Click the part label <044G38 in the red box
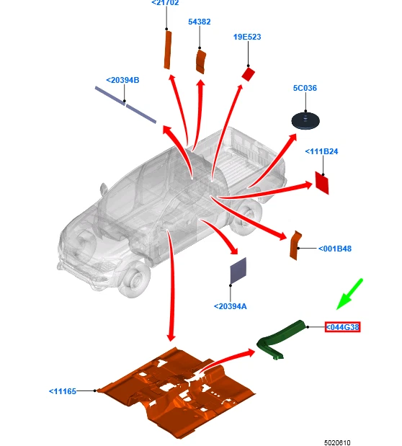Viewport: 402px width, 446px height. coord(342,327)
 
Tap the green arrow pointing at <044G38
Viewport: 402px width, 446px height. coord(349,294)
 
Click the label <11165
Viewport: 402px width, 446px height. coord(63,391)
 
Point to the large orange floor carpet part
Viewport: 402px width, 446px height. coord(177,393)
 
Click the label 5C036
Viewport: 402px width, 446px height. coord(305,88)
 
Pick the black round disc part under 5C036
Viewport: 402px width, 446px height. coord(305,120)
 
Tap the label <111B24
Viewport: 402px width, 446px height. coord(321,151)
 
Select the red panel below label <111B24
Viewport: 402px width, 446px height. coord(322,183)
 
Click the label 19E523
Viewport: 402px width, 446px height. coord(247,37)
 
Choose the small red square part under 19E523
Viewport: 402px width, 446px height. coord(248,74)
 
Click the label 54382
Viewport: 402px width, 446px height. coord(199,22)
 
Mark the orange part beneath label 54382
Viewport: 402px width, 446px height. coord(201,61)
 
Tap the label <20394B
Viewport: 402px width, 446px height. coord(122,80)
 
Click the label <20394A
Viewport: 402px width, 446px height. coord(230,306)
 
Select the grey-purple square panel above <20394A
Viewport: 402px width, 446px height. coord(238,270)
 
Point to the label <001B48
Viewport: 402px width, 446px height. coord(335,249)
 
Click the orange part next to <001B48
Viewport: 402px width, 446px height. coord(295,246)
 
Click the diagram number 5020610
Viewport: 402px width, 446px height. coord(337,442)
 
